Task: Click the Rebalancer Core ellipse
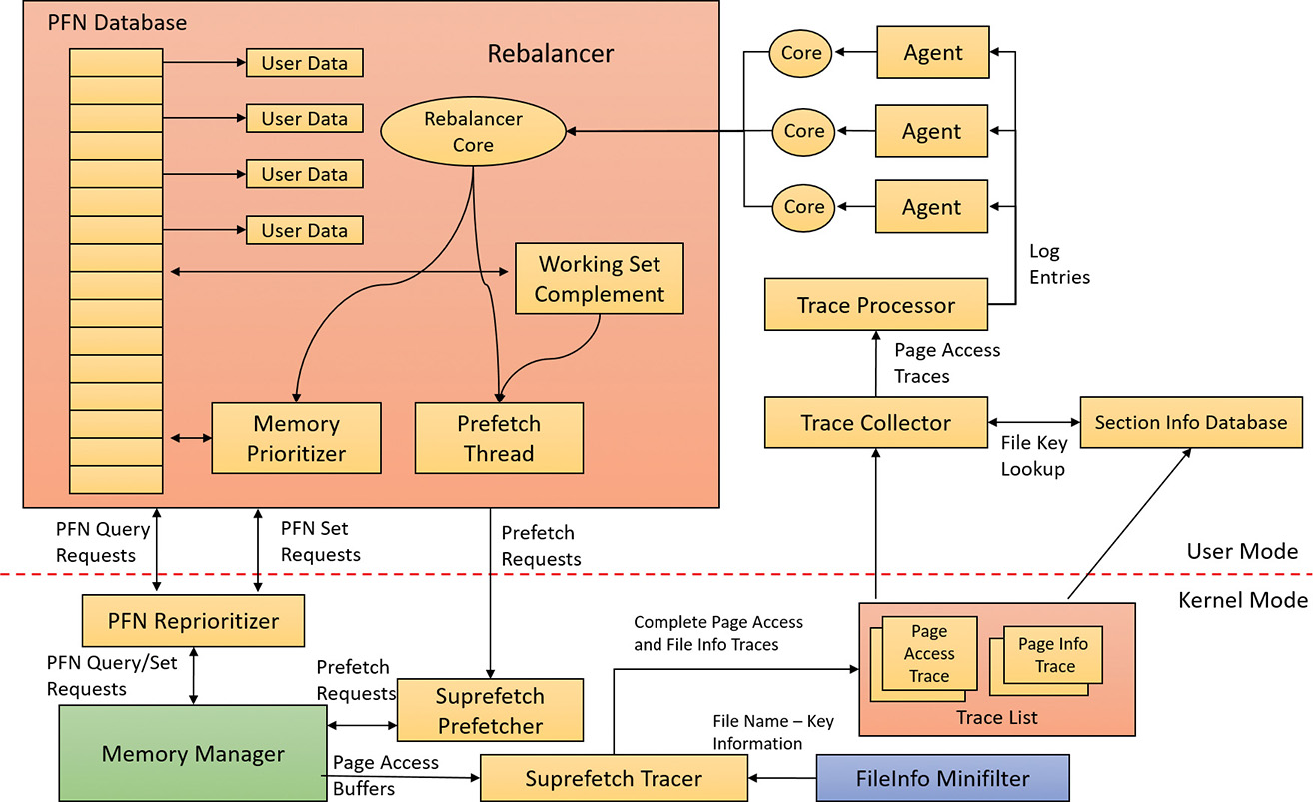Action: click(x=473, y=132)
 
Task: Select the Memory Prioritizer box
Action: click(x=296, y=438)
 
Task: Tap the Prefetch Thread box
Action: click(x=498, y=438)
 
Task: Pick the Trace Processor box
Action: click(x=875, y=305)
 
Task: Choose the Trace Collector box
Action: click(x=875, y=422)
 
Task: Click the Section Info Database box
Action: click(x=1190, y=422)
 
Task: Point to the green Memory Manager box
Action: click(x=193, y=754)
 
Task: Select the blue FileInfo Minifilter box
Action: click(x=942, y=779)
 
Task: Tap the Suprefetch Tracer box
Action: click(x=614, y=779)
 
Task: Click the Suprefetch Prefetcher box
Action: click(x=490, y=710)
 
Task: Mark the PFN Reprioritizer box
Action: click(x=193, y=621)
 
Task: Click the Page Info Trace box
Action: click(x=1055, y=655)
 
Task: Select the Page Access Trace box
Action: click(x=929, y=653)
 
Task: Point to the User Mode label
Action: click(x=1242, y=551)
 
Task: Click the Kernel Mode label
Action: click(x=1242, y=600)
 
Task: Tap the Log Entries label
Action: click(x=1059, y=264)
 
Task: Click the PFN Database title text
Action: click(x=117, y=21)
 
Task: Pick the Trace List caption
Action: click(x=996, y=717)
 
